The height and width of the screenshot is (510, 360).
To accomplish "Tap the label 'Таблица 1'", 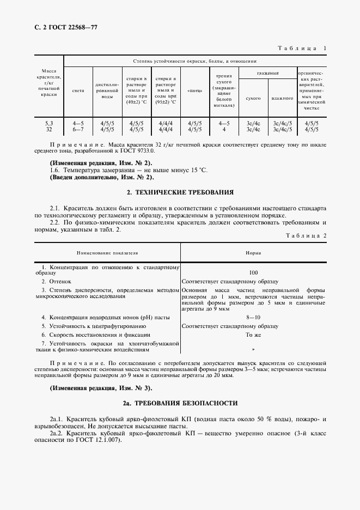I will pyautogui.click(x=302, y=48).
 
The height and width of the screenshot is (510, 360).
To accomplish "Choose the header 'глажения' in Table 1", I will pyautogui.click(x=268, y=72).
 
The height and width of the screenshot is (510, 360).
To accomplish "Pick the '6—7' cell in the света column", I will pyautogui.click(x=78, y=129).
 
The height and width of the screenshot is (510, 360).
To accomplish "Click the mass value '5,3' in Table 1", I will pyautogui.click(x=49, y=124).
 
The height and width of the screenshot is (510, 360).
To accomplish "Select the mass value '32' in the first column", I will pyautogui.click(x=49, y=129).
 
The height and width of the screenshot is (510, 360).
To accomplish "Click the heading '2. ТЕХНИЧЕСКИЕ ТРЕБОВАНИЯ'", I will pyautogui.click(x=180, y=192).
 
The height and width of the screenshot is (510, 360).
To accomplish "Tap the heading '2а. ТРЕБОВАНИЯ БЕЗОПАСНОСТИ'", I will pyautogui.click(x=180, y=403).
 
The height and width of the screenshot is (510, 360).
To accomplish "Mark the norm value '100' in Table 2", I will pyautogui.click(x=253, y=272).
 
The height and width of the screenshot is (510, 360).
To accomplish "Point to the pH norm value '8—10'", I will pyautogui.click(x=253, y=317).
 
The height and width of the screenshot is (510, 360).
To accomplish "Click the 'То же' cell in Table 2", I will pyautogui.click(x=253, y=335).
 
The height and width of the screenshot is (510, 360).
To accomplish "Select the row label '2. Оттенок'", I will pyautogui.click(x=57, y=281).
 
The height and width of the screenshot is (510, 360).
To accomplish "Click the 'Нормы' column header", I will pyautogui.click(x=253, y=253).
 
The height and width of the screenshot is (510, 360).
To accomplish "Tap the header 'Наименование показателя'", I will pyautogui.click(x=107, y=253).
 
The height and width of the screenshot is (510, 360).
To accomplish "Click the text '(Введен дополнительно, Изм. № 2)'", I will pyautogui.click(x=102, y=177).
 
